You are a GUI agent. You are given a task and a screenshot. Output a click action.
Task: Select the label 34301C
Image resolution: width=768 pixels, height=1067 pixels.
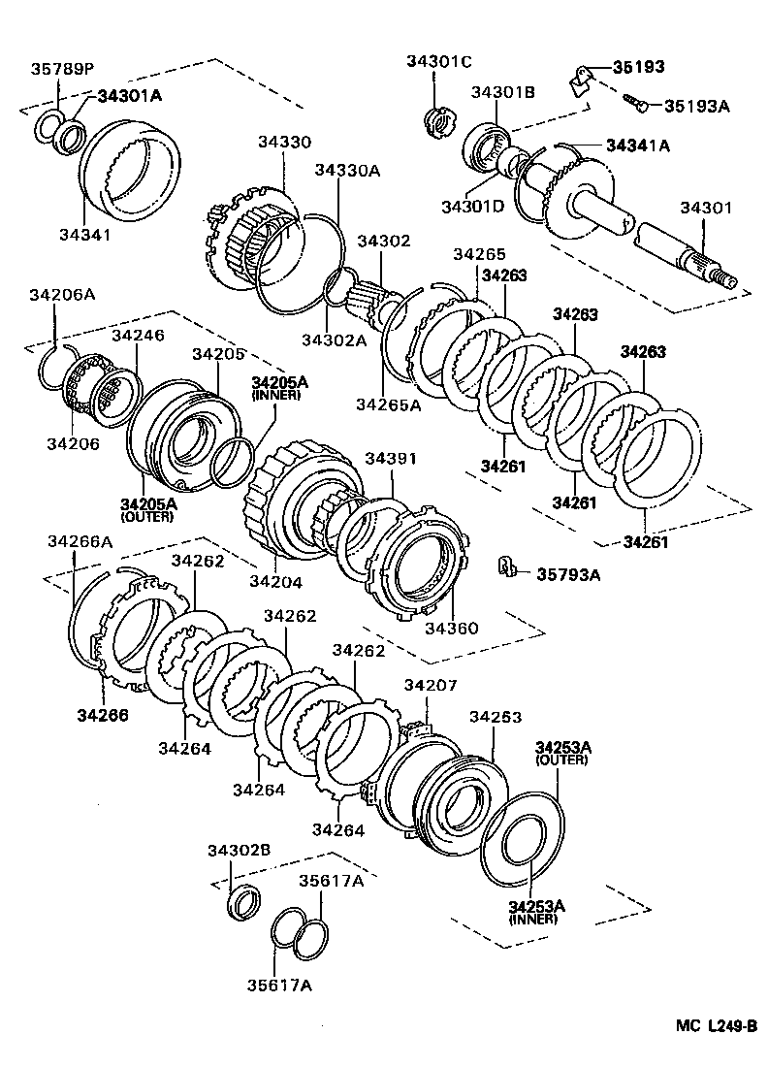point(438,62)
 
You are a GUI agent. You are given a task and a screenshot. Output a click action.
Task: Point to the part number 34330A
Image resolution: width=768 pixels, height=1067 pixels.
point(346,171)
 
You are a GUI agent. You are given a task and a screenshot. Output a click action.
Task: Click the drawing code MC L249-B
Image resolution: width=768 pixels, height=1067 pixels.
point(716,1026)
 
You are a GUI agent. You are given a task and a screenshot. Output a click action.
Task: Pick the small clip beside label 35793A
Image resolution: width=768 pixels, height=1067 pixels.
point(505,567)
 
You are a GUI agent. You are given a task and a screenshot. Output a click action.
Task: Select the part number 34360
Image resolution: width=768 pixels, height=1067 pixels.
point(452,628)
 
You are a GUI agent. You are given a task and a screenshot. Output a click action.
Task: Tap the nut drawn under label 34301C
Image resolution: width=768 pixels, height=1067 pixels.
point(438,122)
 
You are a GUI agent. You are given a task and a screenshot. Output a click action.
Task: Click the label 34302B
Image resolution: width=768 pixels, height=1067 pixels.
point(238,851)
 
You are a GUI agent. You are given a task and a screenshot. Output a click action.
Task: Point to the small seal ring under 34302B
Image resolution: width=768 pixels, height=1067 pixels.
point(242,901)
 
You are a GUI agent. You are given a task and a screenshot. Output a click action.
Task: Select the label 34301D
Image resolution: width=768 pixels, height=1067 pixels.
point(472,207)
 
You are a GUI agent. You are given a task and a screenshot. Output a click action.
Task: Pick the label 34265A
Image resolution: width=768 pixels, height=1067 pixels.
point(388,404)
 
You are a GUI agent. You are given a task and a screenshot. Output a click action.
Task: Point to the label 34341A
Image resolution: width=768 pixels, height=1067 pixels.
point(638,145)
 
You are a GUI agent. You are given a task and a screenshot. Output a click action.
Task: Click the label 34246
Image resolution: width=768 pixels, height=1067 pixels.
point(138,336)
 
